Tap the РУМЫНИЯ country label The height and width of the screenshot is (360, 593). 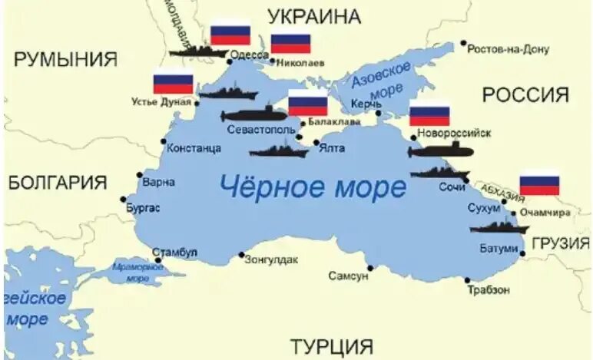pyautogui.click(x=66, y=59)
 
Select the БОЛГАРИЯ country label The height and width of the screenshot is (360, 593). pyautogui.click(x=58, y=183)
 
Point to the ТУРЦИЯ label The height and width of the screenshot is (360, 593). pyautogui.click(x=331, y=346)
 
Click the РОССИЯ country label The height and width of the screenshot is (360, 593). pyautogui.click(x=525, y=95)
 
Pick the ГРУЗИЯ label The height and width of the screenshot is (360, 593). pyautogui.click(x=560, y=243)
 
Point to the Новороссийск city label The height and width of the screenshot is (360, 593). pyautogui.click(x=453, y=132)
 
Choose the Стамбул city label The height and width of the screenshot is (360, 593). pyautogui.click(x=174, y=252)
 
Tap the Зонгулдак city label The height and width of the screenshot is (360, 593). pyautogui.click(x=271, y=259)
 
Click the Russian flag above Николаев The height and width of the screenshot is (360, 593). pyautogui.click(x=290, y=43)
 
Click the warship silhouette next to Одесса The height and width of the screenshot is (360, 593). pyautogui.click(x=197, y=52)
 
